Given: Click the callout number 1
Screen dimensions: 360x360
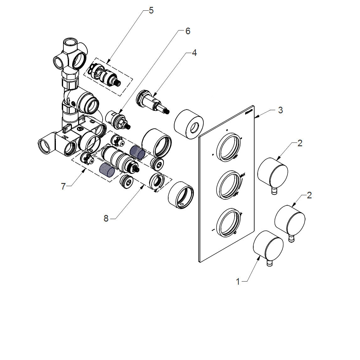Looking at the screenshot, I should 238,282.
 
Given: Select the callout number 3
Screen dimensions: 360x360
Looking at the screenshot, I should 280,110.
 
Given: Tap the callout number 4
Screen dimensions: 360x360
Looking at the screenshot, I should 194,53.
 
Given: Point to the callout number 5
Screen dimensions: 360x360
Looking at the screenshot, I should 151,11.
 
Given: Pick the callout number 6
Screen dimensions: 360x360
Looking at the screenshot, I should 188,31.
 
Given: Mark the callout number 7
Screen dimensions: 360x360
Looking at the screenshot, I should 63,186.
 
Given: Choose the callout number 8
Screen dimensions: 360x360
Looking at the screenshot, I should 106,218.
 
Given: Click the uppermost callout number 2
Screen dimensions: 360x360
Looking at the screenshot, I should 300,143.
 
